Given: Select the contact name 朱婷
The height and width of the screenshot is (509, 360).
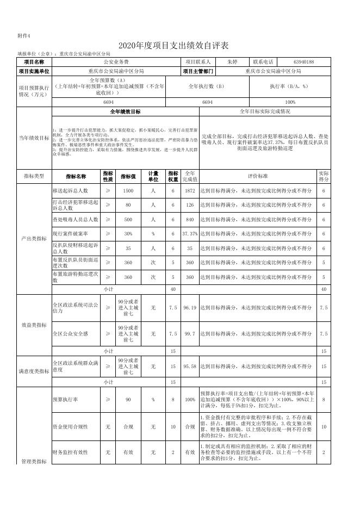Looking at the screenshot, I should click(x=232, y=63).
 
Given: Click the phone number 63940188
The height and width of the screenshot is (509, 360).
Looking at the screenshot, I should click(x=303, y=63).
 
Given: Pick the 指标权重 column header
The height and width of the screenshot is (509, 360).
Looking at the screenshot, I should click(x=173, y=176).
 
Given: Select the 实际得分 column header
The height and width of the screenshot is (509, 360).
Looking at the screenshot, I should click(x=324, y=176).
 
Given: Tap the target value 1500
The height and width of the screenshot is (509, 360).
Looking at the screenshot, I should click(x=128, y=191).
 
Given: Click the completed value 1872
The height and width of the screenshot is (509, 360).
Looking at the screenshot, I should click(x=190, y=191).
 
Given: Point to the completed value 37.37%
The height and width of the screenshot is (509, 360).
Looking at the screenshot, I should click(x=190, y=234).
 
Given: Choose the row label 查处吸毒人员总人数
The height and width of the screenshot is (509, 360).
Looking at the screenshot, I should click(x=75, y=219).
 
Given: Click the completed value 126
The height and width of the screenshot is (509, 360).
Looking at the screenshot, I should click(x=190, y=205).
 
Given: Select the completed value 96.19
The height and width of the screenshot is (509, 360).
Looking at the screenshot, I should click(x=190, y=308).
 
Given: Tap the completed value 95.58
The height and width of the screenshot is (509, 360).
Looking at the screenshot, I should click(x=190, y=367).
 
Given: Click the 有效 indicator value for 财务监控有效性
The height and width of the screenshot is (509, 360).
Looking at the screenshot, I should click(x=128, y=452).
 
